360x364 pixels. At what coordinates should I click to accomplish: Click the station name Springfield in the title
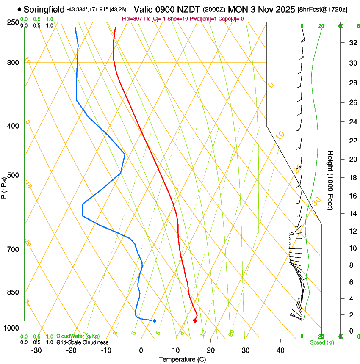pos(44,9)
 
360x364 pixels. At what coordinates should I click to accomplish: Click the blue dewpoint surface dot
pos(155,321)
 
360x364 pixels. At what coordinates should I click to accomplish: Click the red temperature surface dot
pos(195,320)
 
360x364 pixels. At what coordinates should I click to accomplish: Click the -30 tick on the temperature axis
pos(36,350)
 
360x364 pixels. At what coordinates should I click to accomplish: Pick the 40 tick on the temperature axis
pos(280,350)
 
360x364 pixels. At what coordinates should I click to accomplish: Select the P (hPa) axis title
pos(4,186)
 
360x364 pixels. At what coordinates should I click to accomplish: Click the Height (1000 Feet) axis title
pos(331,180)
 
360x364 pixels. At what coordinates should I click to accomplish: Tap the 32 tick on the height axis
pos(352,43)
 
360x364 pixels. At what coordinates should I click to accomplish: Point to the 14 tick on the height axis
pos(352,214)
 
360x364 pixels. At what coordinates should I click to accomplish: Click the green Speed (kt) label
pos(321,342)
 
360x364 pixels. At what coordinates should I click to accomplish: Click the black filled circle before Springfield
pos(19,9)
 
